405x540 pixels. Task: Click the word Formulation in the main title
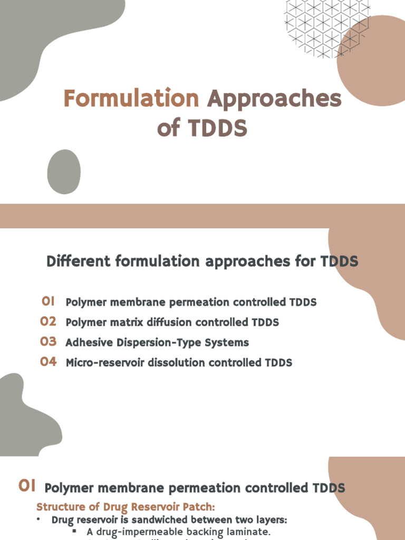(131, 99)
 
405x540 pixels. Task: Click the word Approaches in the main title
(274, 99)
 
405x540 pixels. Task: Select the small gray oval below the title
(64, 171)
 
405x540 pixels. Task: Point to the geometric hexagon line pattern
(322, 26)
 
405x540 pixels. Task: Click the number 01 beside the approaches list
(49, 302)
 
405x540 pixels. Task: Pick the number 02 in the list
(48, 322)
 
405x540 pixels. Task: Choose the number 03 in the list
(48, 342)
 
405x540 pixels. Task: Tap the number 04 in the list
(48, 362)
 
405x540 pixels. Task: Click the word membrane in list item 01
(132, 302)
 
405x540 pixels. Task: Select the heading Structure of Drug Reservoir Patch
(126, 507)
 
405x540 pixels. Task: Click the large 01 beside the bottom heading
(27, 486)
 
